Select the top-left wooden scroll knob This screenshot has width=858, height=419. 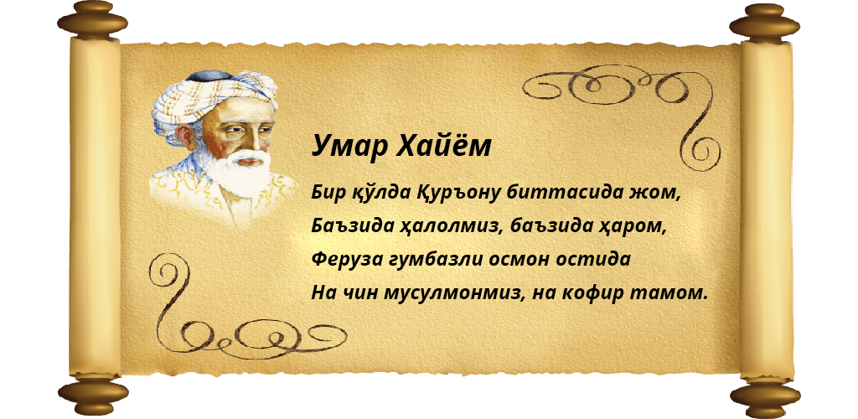click(x=93, y=22)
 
